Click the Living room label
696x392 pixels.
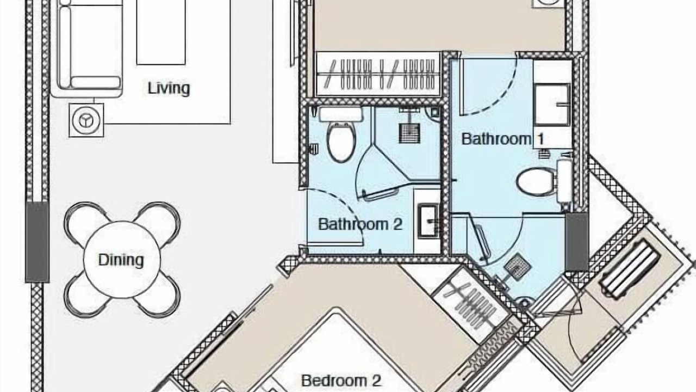[x=169, y=88]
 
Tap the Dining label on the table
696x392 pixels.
[x=121, y=260]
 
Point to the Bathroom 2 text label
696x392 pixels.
[x=360, y=224]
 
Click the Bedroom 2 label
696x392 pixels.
[x=341, y=381]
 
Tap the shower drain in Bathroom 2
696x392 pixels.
[x=409, y=133]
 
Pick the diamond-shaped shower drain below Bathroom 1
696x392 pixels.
[x=517, y=267]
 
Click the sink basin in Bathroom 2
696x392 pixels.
[x=428, y=220]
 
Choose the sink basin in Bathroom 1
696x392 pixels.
[x=552, y=105]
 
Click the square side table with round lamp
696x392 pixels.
[x=86, y=120]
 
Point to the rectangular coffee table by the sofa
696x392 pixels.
[x=161, y=32]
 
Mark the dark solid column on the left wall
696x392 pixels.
[x=37, y=242]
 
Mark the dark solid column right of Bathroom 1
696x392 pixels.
[x=577, y=242]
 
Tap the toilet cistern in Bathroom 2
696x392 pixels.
[x=341, y=114]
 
